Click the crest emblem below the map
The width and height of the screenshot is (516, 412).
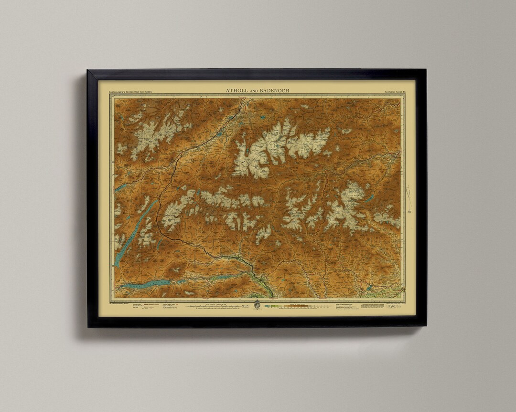tap(257, 304)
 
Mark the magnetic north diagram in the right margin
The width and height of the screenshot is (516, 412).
tap(409, 196)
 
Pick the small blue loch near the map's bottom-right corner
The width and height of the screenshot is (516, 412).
tap(369, 288)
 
